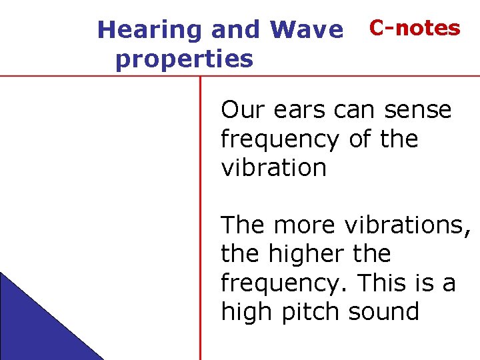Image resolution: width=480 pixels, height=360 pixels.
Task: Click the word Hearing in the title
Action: (x=149, y=30)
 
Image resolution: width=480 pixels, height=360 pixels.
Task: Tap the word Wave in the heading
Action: (x=307, y=30)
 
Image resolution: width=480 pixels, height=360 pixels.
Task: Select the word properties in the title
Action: (x=184, y=59)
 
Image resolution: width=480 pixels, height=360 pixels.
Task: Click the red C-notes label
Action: (x=415, y=28)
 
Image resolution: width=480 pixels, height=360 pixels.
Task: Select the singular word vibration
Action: (x=273, y=167)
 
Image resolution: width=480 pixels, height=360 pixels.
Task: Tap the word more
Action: (x=305, y=225)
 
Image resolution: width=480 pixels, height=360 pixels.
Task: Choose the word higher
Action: (x=305, y=254)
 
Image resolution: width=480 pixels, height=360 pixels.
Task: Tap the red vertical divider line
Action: (x=200, y=220)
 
